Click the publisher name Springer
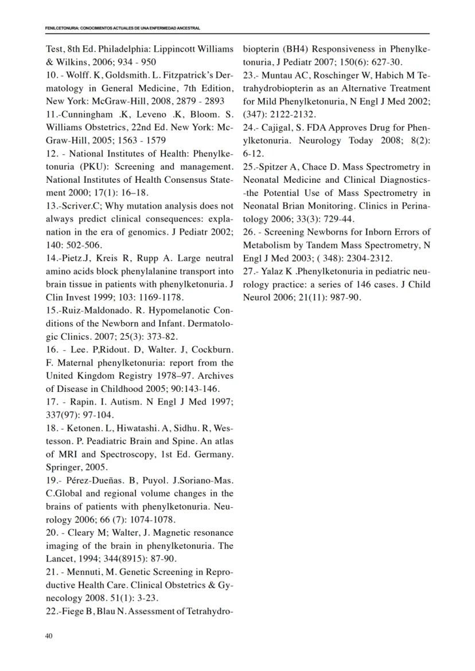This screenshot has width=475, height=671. pyautogui.click(x=62, y=468)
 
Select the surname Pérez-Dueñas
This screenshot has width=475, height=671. pyautogui.click(x=95, y=481)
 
